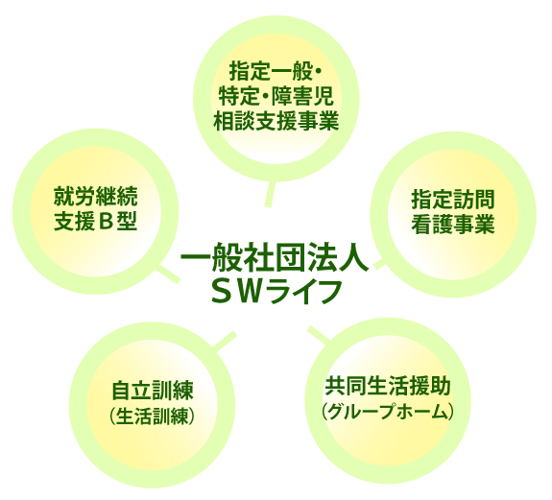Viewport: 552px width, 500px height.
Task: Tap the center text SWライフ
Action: (276, 292)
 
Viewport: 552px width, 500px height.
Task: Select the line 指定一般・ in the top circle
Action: (276, 71)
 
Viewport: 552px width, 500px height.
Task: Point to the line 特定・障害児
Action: (276, 96)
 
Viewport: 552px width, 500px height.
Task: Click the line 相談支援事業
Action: (276, 121)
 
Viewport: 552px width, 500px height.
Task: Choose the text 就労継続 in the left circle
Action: (95, 197)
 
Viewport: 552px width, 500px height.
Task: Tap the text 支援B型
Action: (95, 222)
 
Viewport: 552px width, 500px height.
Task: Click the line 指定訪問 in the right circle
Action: (453, 200)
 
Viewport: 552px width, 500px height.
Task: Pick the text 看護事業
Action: (453, 225)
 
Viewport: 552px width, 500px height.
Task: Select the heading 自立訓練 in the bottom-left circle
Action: (152, 390)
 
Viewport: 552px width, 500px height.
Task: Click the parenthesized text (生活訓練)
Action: (152, 416)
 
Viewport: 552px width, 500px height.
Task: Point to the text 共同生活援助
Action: (388, 386)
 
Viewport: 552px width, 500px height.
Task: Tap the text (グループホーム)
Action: (388, 411)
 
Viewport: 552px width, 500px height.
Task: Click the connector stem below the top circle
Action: (270, 194)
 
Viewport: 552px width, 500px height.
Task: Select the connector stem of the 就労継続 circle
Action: (168, 274)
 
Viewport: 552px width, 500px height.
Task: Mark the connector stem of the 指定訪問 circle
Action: (380, 265)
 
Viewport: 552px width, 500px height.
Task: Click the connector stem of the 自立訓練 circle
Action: (224, 341)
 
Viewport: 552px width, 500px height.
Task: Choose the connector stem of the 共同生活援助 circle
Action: (319, 334)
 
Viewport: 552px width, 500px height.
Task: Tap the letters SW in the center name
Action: (238, 292)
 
